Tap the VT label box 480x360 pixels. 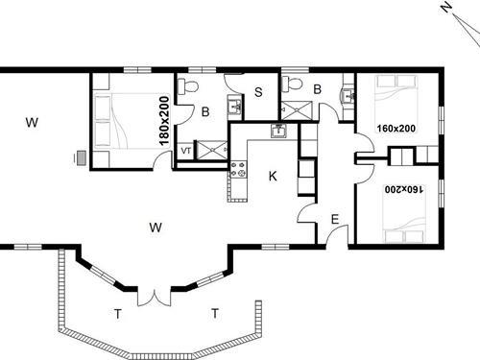185,150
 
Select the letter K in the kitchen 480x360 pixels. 273,177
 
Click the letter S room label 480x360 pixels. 259,93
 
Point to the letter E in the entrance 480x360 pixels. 334,221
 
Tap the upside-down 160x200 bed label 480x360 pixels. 404,191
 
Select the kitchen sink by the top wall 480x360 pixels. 280,132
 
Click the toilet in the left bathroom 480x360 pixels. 189,87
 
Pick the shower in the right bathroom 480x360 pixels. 297,108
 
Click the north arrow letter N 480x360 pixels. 446,8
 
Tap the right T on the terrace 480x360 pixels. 215,313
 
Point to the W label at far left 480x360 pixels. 32,122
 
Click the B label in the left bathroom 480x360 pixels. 205,112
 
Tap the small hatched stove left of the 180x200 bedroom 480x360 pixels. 80,157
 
